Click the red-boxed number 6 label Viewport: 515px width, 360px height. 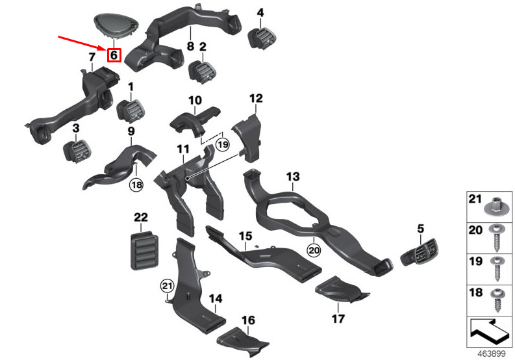pyautogui.click(x=114, y=55)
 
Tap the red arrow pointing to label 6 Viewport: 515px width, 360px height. pyautogui.click(x=82, y=43)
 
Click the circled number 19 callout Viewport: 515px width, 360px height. pyautogui.click(x=223, y=144)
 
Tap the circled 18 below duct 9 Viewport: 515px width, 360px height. pyautogui.click(x=136, y=185)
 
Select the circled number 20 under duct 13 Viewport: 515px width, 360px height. pyautogui.click(x=314, y=250)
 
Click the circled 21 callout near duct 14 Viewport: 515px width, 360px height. pyautogui.click(x=167, y=286)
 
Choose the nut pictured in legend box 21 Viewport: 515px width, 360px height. pyautogui.click(x=497, y=207)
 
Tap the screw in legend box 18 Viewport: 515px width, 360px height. pyautogui.click(x=496, y=300)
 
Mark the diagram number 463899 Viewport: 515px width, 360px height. pyautogui.click(x=492, y=354)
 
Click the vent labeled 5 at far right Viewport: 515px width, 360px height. pyautogui.click(x=420, y=252)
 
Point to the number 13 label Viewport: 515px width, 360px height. pyautogui.click(x=293, y=177)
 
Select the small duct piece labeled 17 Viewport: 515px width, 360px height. pyautogui.click(x=342, y=290)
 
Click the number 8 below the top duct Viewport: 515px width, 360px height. pyautogui.click(x=190, y=46)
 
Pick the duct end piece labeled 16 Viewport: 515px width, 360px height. pyautogui.click(x=243, y=342)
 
